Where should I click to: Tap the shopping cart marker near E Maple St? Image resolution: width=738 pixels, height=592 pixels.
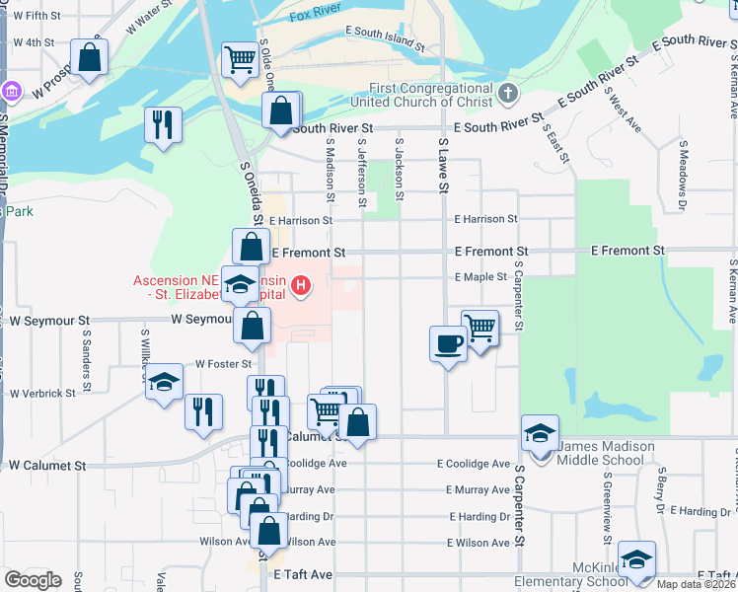(x=480, y=327)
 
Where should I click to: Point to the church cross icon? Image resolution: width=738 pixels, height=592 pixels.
(x=507, y=94)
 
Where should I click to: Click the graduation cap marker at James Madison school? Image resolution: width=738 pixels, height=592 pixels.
(x=540, y=432)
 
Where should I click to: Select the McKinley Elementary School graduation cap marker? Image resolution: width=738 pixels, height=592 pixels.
(x=636, y=558)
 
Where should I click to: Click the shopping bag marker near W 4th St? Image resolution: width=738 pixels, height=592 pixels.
(x=90, y=57)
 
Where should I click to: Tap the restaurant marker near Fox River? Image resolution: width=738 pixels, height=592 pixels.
(x=163, y=124)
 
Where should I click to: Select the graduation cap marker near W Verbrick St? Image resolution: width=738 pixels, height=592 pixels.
(x=164, y=383)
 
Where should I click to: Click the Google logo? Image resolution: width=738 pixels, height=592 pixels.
(x=33, y=580)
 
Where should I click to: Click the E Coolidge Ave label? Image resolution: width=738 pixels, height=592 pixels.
(x=474, y=464)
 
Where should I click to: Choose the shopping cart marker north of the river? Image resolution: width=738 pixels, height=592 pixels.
(x=240, y=59)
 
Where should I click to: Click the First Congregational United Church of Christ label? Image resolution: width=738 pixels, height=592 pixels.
(x=424, y=95)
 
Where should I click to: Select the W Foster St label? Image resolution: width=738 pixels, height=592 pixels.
(x=218, y=364)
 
